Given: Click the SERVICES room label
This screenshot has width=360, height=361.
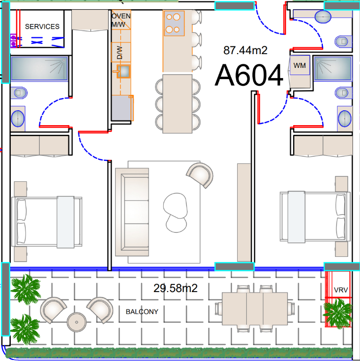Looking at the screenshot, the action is coord(42,27).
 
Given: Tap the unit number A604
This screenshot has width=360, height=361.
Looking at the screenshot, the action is coord(249,75).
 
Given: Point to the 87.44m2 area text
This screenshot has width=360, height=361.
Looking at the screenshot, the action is coord(245,50).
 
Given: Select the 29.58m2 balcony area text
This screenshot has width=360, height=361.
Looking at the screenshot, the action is coord(175,288).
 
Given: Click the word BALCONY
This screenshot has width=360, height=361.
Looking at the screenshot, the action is coord(142,312).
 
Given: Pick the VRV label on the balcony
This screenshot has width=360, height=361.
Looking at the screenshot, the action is coord(341,290).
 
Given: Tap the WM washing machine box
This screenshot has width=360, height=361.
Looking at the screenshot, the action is coord(299,65).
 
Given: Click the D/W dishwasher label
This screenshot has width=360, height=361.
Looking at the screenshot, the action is coord(119,53).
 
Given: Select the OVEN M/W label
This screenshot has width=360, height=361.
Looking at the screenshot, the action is coord(121,20).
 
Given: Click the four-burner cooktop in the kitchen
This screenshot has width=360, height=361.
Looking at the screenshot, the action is coord(174,23).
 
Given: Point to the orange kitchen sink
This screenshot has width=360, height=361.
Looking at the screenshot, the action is coord(123,71).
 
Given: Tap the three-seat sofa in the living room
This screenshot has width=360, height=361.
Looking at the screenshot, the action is coord(132,212).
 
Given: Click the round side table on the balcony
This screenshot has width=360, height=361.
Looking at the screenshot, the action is coord(76,322).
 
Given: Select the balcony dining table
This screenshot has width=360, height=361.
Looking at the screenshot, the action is coord(255,308).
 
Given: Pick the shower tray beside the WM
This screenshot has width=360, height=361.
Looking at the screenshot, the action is coord(332,68).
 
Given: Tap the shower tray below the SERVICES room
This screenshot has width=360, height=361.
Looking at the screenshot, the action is coord(39,68).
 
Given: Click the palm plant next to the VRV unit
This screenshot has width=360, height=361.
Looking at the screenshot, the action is coord(338,314).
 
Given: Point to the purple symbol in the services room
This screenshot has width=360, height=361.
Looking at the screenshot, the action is coord(13,41).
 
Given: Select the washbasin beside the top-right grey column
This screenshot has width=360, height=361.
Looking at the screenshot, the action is coord(323,16).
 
